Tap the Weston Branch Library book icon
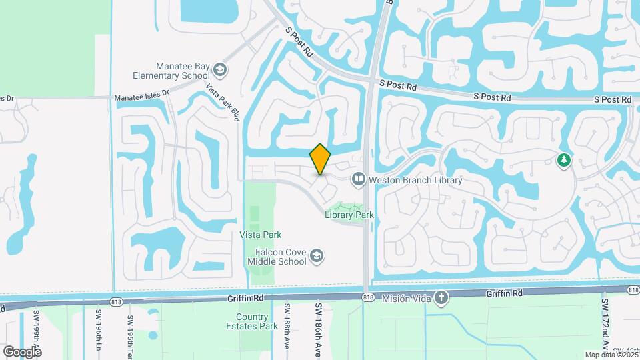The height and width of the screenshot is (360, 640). click(359, 179)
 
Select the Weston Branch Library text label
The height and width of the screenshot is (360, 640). click(416, 180)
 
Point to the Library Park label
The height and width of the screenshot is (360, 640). click(349, 215)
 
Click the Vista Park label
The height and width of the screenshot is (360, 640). click(261, 235)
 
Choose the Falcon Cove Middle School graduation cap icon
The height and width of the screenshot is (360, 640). click(317, 257)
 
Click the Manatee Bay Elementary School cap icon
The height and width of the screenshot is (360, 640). click(219, 70)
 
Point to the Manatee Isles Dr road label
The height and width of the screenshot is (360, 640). click(142, 97)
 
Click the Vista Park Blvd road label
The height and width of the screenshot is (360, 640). click(223, 102)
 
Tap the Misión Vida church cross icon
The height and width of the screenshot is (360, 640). click(440, 296)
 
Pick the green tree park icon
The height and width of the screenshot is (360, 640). click(564, 160)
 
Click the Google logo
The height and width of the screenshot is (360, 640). click(22, 351)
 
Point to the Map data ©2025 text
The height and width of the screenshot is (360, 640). click(611, 355)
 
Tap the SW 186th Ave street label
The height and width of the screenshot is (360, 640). click(318, 331)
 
